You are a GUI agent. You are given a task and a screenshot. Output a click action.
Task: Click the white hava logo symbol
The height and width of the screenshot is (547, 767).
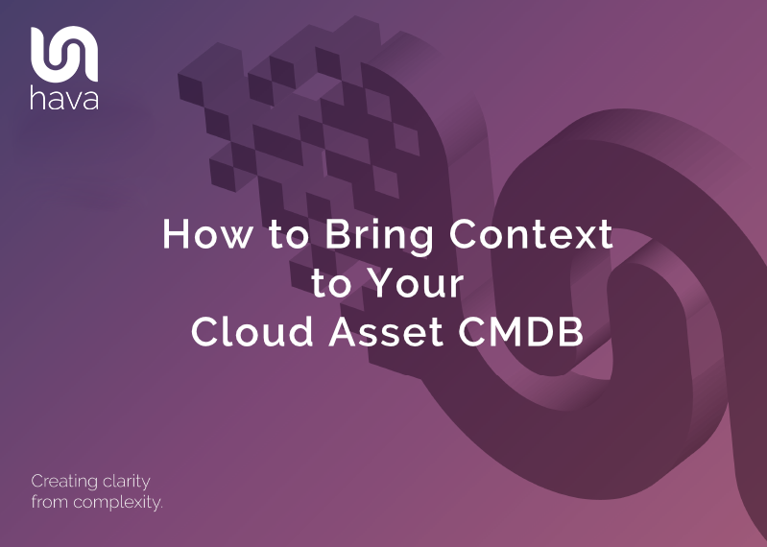(64, 55)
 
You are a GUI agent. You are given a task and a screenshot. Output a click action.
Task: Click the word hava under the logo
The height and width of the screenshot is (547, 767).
(64, 99)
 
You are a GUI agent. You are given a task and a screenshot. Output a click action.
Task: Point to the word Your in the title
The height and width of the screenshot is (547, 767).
(422, 283)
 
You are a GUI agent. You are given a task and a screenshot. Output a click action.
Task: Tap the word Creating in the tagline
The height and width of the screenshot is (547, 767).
(64, 481)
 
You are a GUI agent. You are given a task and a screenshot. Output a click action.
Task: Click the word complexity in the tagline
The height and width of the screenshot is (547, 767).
(116, 502)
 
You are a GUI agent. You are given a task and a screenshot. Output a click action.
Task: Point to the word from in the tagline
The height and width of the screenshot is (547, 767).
(48, 502)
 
